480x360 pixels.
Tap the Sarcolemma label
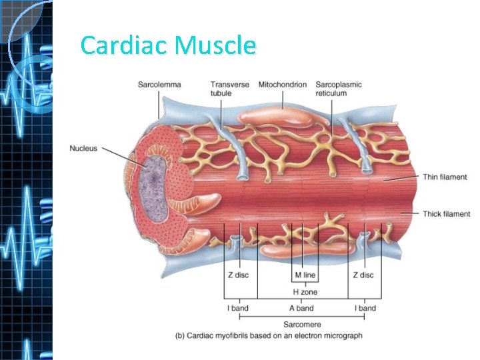pyautogui.click(x=159, y=85)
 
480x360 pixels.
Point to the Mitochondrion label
pyautogui.click(x=282, y=85)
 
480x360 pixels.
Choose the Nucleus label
pyautogui.click(x=83, y=147)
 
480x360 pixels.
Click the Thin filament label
pyautogui.click(x=446, y=177)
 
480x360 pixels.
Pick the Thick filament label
pyautogui.click(x=446, y=214)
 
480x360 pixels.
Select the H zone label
pyautogui.click(x=304, y=292)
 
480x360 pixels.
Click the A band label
pyautogui.click(x=301, y=308)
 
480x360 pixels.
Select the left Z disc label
pyautogui.click(x=237, y=275)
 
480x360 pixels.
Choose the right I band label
pyautogui.click(x=365, y=308)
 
